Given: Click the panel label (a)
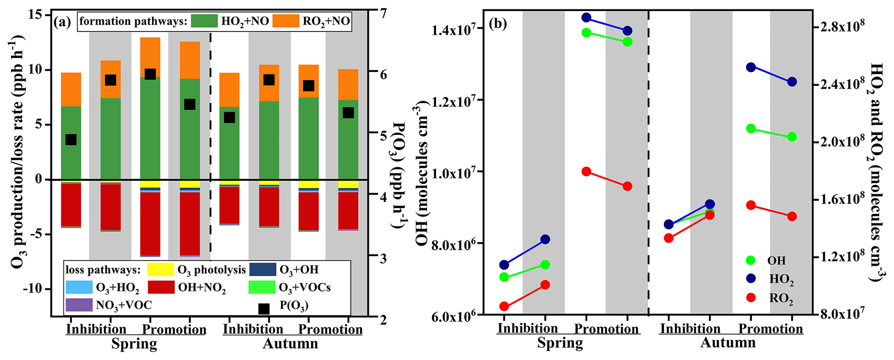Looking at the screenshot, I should coord(62,22).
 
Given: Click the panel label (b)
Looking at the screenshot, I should coord(498,23).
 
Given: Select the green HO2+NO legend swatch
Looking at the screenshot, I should coord(204,21).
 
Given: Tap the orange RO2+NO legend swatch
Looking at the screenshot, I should coord(285,21).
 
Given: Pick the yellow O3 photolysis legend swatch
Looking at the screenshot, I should coord(160,270).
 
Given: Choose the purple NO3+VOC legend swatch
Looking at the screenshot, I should coord(79,305).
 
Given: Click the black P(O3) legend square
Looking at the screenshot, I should coord(263,309).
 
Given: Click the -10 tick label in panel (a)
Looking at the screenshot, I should coord(36,289).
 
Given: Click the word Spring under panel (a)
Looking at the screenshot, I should coord(134,344).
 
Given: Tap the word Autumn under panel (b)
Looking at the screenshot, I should coord(728,343).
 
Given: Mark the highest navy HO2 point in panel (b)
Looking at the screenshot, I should coord(586,18).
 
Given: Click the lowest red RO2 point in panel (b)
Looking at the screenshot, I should coord(504,306).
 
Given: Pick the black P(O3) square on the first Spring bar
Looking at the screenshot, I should coord(71,140).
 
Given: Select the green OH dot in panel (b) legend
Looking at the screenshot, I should coord(751,260).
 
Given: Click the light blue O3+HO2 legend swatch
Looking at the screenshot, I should coord(79,287).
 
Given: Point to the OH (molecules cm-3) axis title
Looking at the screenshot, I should coord(423,173).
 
